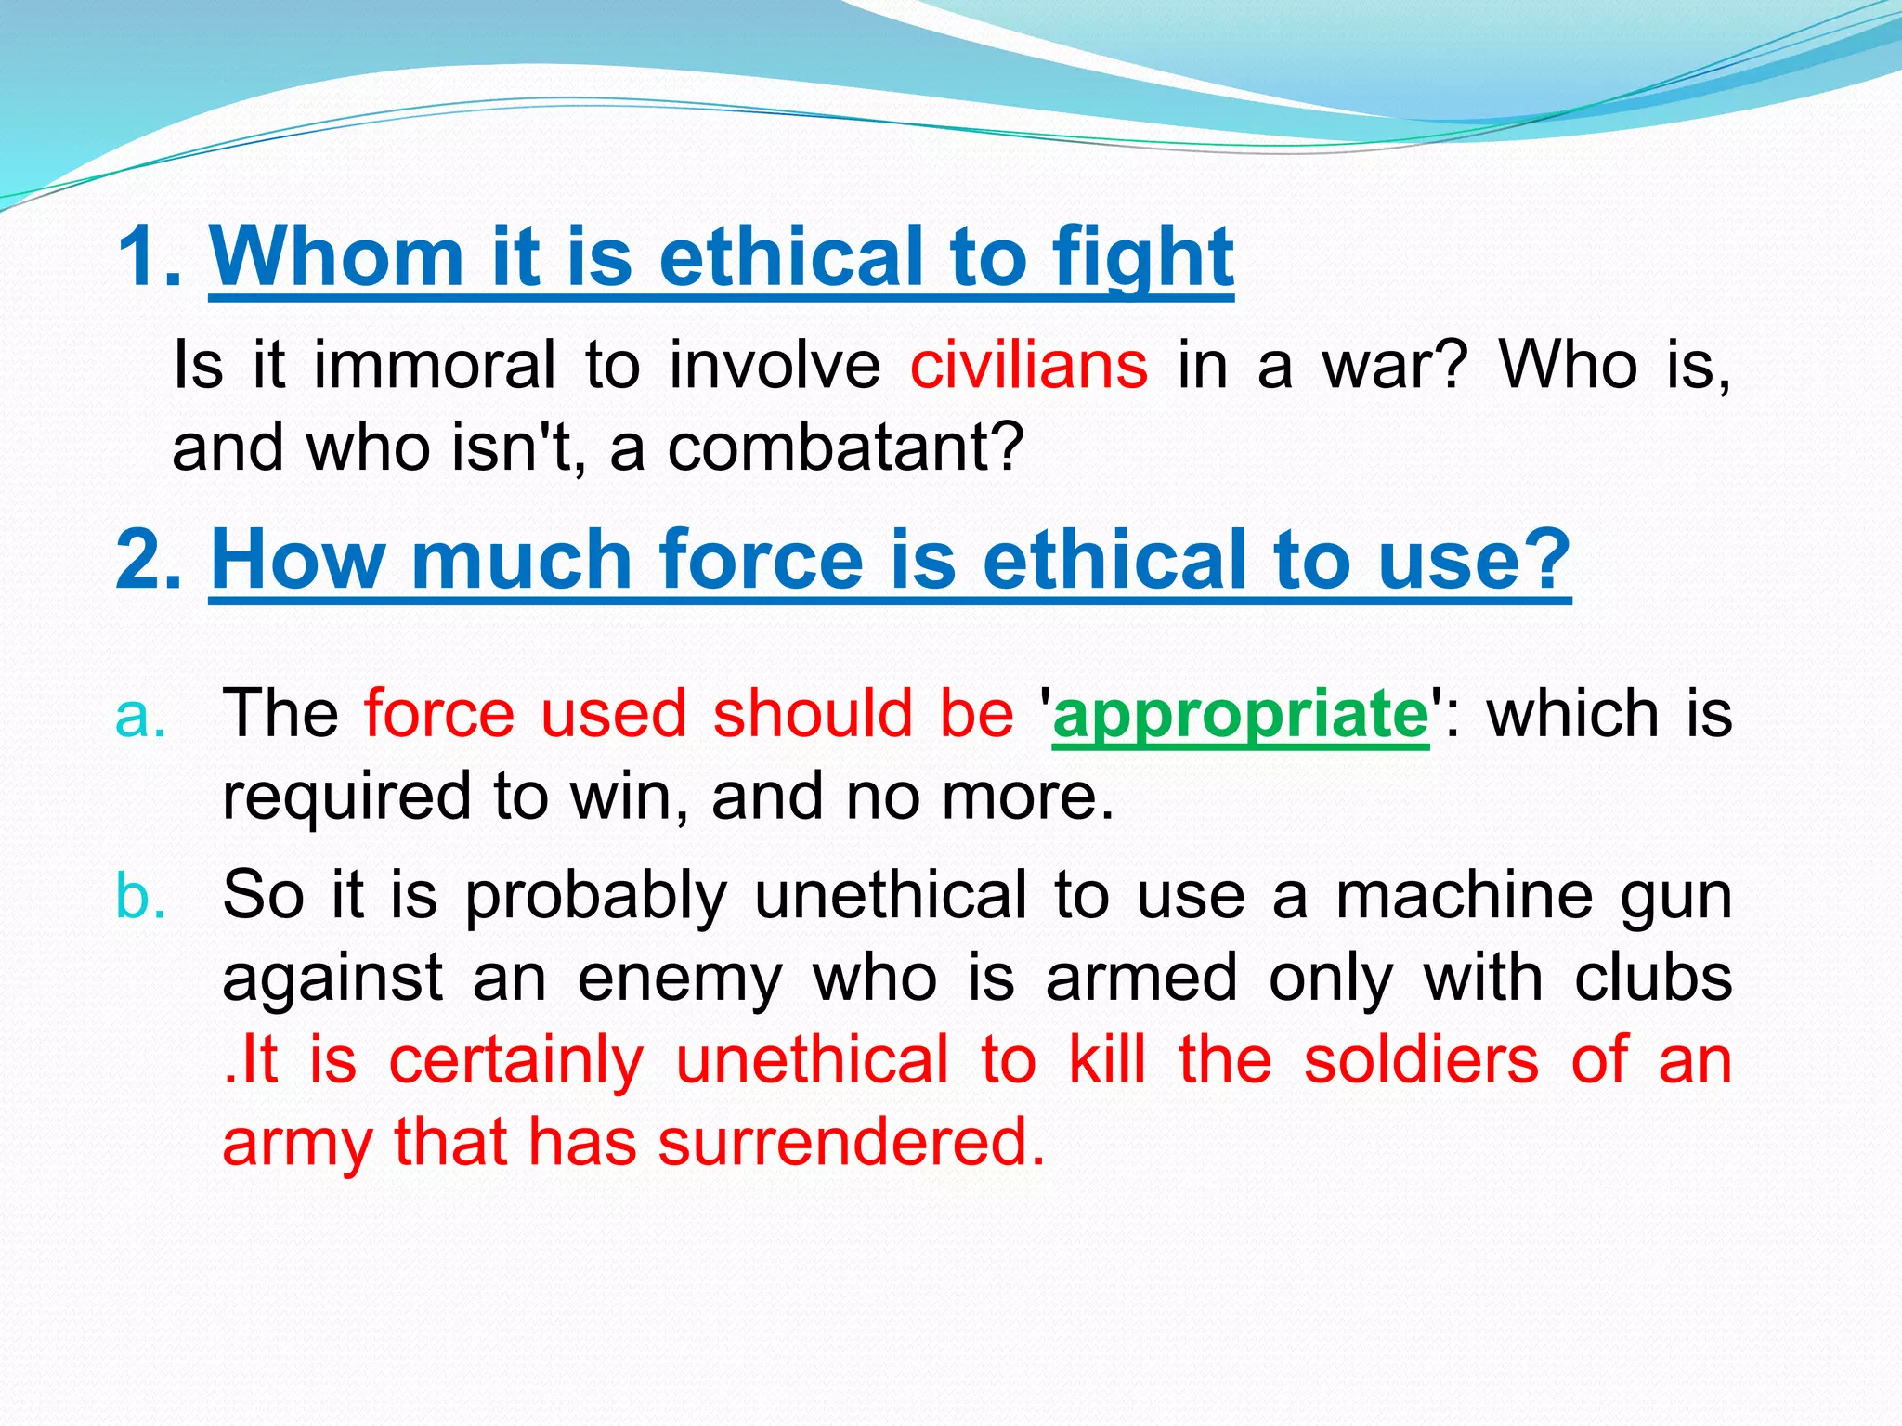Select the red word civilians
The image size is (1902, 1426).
[x=1028, y=365]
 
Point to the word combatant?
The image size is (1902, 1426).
[x=845, y=447]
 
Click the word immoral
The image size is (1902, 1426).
[x=434, y=365]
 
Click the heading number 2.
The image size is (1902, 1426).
[x=149, y=560]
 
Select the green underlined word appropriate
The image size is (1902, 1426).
[x=1241, y=715]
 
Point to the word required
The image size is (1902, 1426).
[x=346, y=797]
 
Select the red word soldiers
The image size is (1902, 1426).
[x=1421, y=1060]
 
